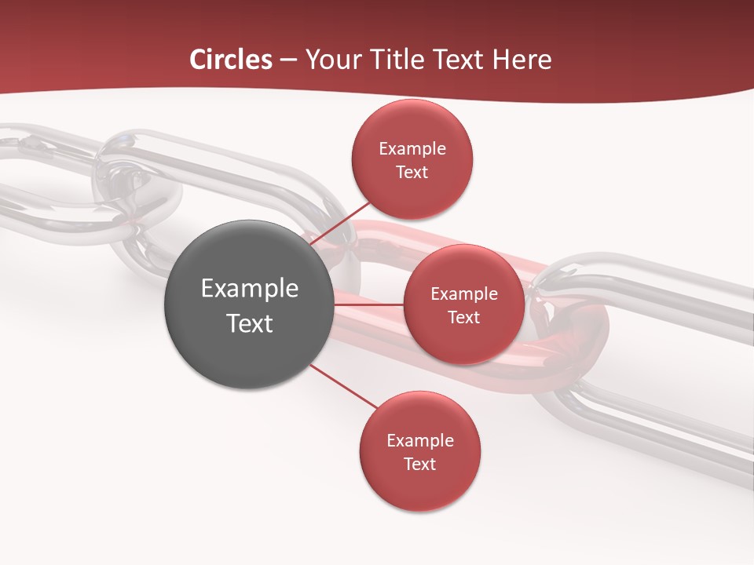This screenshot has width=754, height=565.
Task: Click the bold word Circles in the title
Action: pyautogui.click(x=230, y=60)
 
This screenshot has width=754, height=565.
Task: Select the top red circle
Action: pyautogui.click(x=412, y=126)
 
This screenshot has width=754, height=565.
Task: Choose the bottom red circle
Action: pyautogui.click(x=419, y=487)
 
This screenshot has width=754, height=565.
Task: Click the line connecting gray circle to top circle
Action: pyautogui.click(x=342, y=223)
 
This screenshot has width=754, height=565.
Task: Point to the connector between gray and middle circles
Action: pyautogui.click(x=368, y=304)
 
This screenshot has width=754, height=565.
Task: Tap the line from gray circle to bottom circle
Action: pyautogui.click(x=343, y=386)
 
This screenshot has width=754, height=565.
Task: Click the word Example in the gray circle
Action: pyautogui.click(x=250, y=289)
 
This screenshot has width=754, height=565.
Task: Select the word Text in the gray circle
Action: pyautogui.click(x=250, y=323)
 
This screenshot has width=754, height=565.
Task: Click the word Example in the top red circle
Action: pyautogui.click(x=412, y=149)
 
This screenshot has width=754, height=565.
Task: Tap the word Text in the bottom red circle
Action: pyautogui.click(x=419, y=464)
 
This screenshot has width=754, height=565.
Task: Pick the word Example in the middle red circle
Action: pyautogui.click(x=464, y=294)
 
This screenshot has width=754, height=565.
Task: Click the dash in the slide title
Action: pyautogui.click(x=288, y=60)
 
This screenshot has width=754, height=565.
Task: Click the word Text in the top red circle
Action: pyautogui.click(x=412, y=172)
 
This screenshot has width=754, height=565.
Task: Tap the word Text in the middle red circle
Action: pyautogui.click(x=464, y=317)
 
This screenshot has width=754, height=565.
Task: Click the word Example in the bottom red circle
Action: pyautogui.click(x=420, y=441)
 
